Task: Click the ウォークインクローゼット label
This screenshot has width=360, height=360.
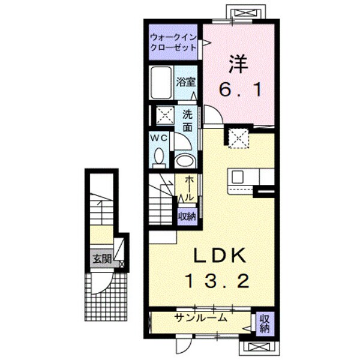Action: [x=173, y=43]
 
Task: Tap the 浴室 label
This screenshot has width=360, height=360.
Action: [x=185, y=82]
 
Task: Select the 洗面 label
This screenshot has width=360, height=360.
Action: [x=188, y=121]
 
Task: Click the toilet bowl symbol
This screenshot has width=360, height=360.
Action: [x=159, y=157]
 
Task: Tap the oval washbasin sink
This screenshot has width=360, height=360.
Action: [x=184, y=160]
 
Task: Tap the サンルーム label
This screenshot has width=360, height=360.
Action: [x=200, y=317]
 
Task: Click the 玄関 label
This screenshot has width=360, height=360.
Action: [x=102, y=259]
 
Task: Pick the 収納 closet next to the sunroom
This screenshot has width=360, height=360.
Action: [x=264, y=325]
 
